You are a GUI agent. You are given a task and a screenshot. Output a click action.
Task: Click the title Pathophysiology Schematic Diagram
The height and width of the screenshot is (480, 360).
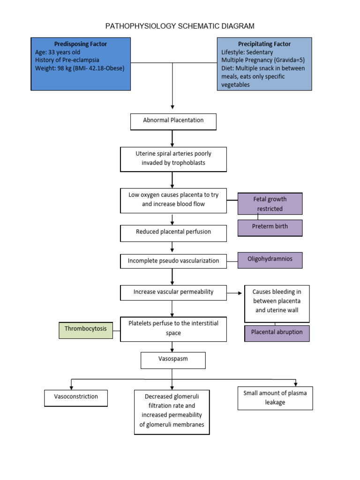[x=180, y=26]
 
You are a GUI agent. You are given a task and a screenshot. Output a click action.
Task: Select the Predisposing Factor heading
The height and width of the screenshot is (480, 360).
[x=80, y=44]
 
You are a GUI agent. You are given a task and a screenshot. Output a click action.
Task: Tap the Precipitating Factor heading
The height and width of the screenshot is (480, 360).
[x=264, y=44]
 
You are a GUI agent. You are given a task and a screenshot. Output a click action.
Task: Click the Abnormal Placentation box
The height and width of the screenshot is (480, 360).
[x=173, y=121]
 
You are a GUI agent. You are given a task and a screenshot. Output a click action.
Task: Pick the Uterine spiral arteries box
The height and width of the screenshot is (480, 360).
[x=173, y=159]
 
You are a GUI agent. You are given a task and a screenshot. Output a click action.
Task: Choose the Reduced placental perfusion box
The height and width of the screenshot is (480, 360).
[x=173, y=232]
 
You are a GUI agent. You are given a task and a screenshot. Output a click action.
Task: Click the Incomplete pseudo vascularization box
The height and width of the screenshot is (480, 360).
[x=173, y=261]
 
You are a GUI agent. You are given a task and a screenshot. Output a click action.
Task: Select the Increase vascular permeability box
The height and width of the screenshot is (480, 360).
[x=173, y=292]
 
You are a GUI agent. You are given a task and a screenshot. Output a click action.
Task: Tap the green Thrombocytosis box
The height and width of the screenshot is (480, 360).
[x=86, y=330]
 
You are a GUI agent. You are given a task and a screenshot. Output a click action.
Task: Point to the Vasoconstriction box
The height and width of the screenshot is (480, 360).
[x=76, y=397]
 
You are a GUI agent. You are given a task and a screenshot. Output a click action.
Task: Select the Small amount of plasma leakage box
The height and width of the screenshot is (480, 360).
[x=275, y=398]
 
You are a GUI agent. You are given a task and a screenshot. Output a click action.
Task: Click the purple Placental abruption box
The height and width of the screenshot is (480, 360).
[x=277, y=333]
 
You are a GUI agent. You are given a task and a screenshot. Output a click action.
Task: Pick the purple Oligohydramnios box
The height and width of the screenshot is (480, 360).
[x=270, y=260]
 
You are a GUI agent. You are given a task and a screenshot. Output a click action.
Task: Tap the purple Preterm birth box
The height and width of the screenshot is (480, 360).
[x=270, y=227]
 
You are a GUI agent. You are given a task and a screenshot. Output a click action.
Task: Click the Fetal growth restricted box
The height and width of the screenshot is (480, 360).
[x=270, y=203]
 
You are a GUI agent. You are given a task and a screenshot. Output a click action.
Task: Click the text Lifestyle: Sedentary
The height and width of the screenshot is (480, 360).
[x=247, y=52]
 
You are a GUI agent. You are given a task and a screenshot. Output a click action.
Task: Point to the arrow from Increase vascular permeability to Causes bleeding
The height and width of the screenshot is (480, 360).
[x=235, y=293]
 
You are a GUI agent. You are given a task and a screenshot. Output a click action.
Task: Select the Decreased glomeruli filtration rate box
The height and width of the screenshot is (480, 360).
[x=172, y=411]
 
